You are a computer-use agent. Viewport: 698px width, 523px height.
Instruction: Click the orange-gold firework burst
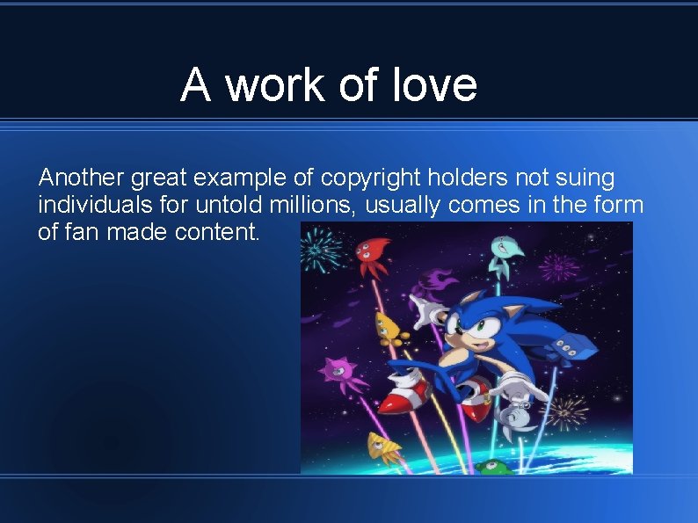tap(567, 410)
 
